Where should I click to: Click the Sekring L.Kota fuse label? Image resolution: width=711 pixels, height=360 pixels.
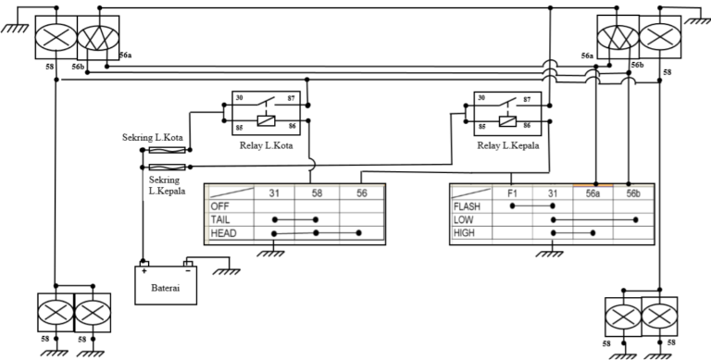(154, 138)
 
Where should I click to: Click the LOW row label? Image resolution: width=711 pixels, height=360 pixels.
(462, 220)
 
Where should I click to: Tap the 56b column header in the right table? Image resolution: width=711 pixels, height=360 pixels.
(633, 192)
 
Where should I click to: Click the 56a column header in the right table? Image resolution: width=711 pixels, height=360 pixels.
(592, 192)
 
